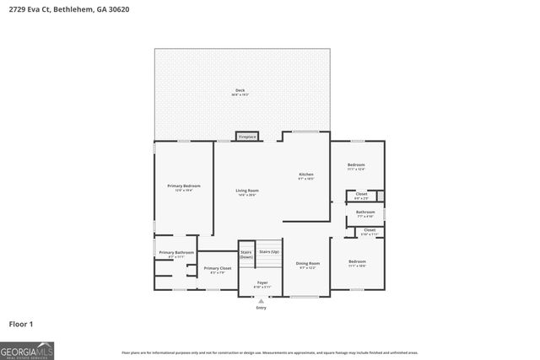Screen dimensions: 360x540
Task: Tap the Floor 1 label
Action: (20, 323)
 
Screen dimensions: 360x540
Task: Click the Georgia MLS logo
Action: (28, 349)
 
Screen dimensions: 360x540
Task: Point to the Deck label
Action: (240, 90)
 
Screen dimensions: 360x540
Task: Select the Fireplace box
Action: (246, 137)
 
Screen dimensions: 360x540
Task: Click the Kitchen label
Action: (305, 175)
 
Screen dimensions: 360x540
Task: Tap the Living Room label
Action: (247, 191)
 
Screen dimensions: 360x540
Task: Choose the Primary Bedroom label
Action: (183, 185)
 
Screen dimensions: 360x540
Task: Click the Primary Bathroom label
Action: (176, 253)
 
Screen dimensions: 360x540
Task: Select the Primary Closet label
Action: (217, 268)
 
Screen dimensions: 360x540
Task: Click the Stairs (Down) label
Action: (246, 254)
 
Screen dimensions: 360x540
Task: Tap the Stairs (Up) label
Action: (269, 251)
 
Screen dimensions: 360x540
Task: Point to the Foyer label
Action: (262, 282)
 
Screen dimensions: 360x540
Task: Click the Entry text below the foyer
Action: (261, 308)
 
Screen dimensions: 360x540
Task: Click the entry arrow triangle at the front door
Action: (261, 301)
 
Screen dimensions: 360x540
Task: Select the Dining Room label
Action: (307, 264)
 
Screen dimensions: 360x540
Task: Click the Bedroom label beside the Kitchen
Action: (356, 164)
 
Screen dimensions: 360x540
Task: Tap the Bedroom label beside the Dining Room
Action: (357, 261)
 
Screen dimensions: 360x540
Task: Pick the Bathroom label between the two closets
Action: (365, 212)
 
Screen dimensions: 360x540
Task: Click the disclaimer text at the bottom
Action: (270, 352)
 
